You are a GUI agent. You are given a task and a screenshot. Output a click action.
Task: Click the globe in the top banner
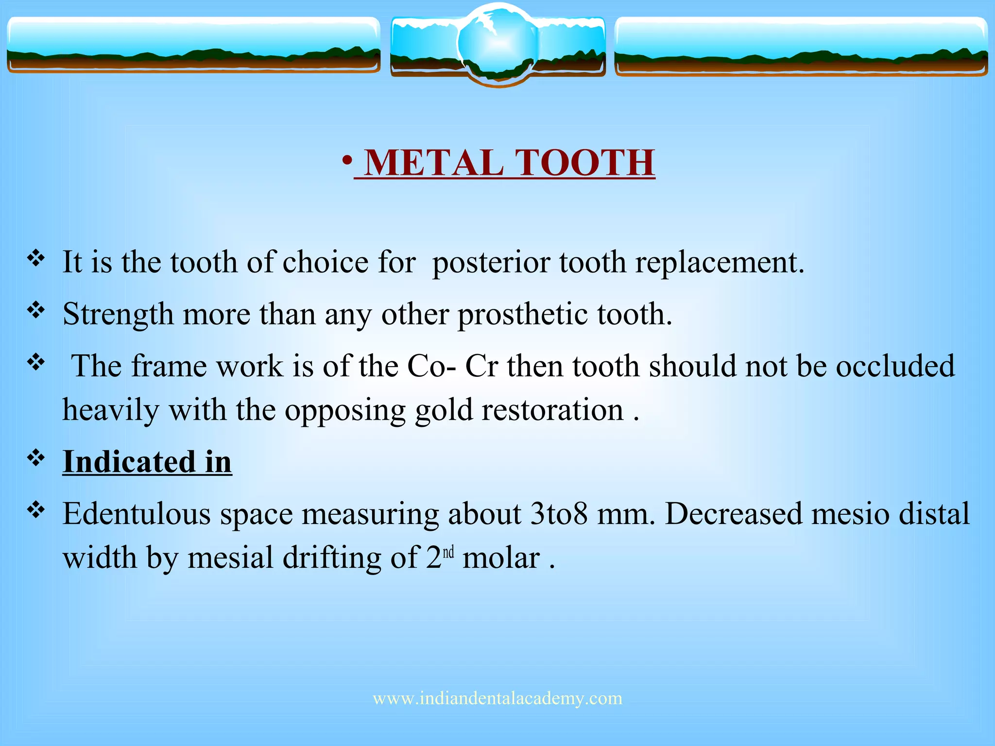point(497,44)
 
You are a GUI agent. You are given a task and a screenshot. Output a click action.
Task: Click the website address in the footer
point(497,698)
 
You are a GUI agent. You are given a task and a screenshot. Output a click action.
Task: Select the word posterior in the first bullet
point(491,263)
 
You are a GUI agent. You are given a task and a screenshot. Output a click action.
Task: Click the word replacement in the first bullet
point(719,263)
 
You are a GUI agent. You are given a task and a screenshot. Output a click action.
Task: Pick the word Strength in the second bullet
point(118,315)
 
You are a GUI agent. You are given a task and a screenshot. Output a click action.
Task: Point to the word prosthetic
point(523,315)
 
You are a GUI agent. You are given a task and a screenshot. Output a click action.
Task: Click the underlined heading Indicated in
point(147,461)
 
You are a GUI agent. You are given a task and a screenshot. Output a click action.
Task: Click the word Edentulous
point(137,514)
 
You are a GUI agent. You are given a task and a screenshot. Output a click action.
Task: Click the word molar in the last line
point(501,558)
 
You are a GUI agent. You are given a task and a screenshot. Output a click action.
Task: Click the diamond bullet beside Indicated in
point(36,458)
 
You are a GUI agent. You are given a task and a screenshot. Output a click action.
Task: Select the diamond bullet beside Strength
point(36,310)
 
